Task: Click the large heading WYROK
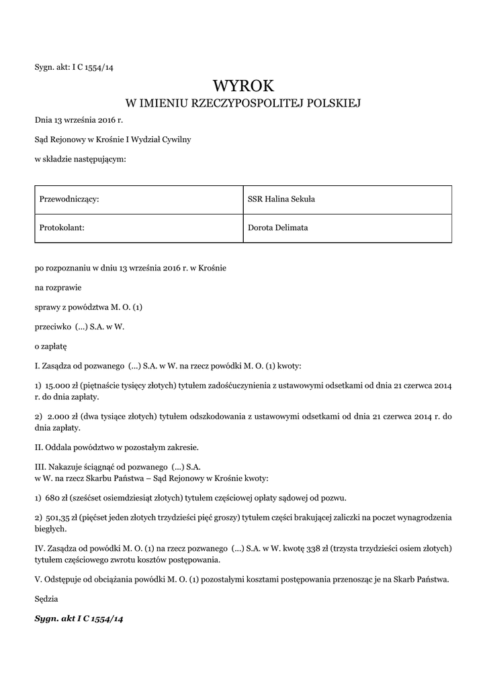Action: (x=243, y=86)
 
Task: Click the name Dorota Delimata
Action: (x=277, y=227)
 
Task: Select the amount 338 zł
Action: (x=306, y=548)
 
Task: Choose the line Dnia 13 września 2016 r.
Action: (x=79, y=119)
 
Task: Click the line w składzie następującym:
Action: (x=81, y=159)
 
